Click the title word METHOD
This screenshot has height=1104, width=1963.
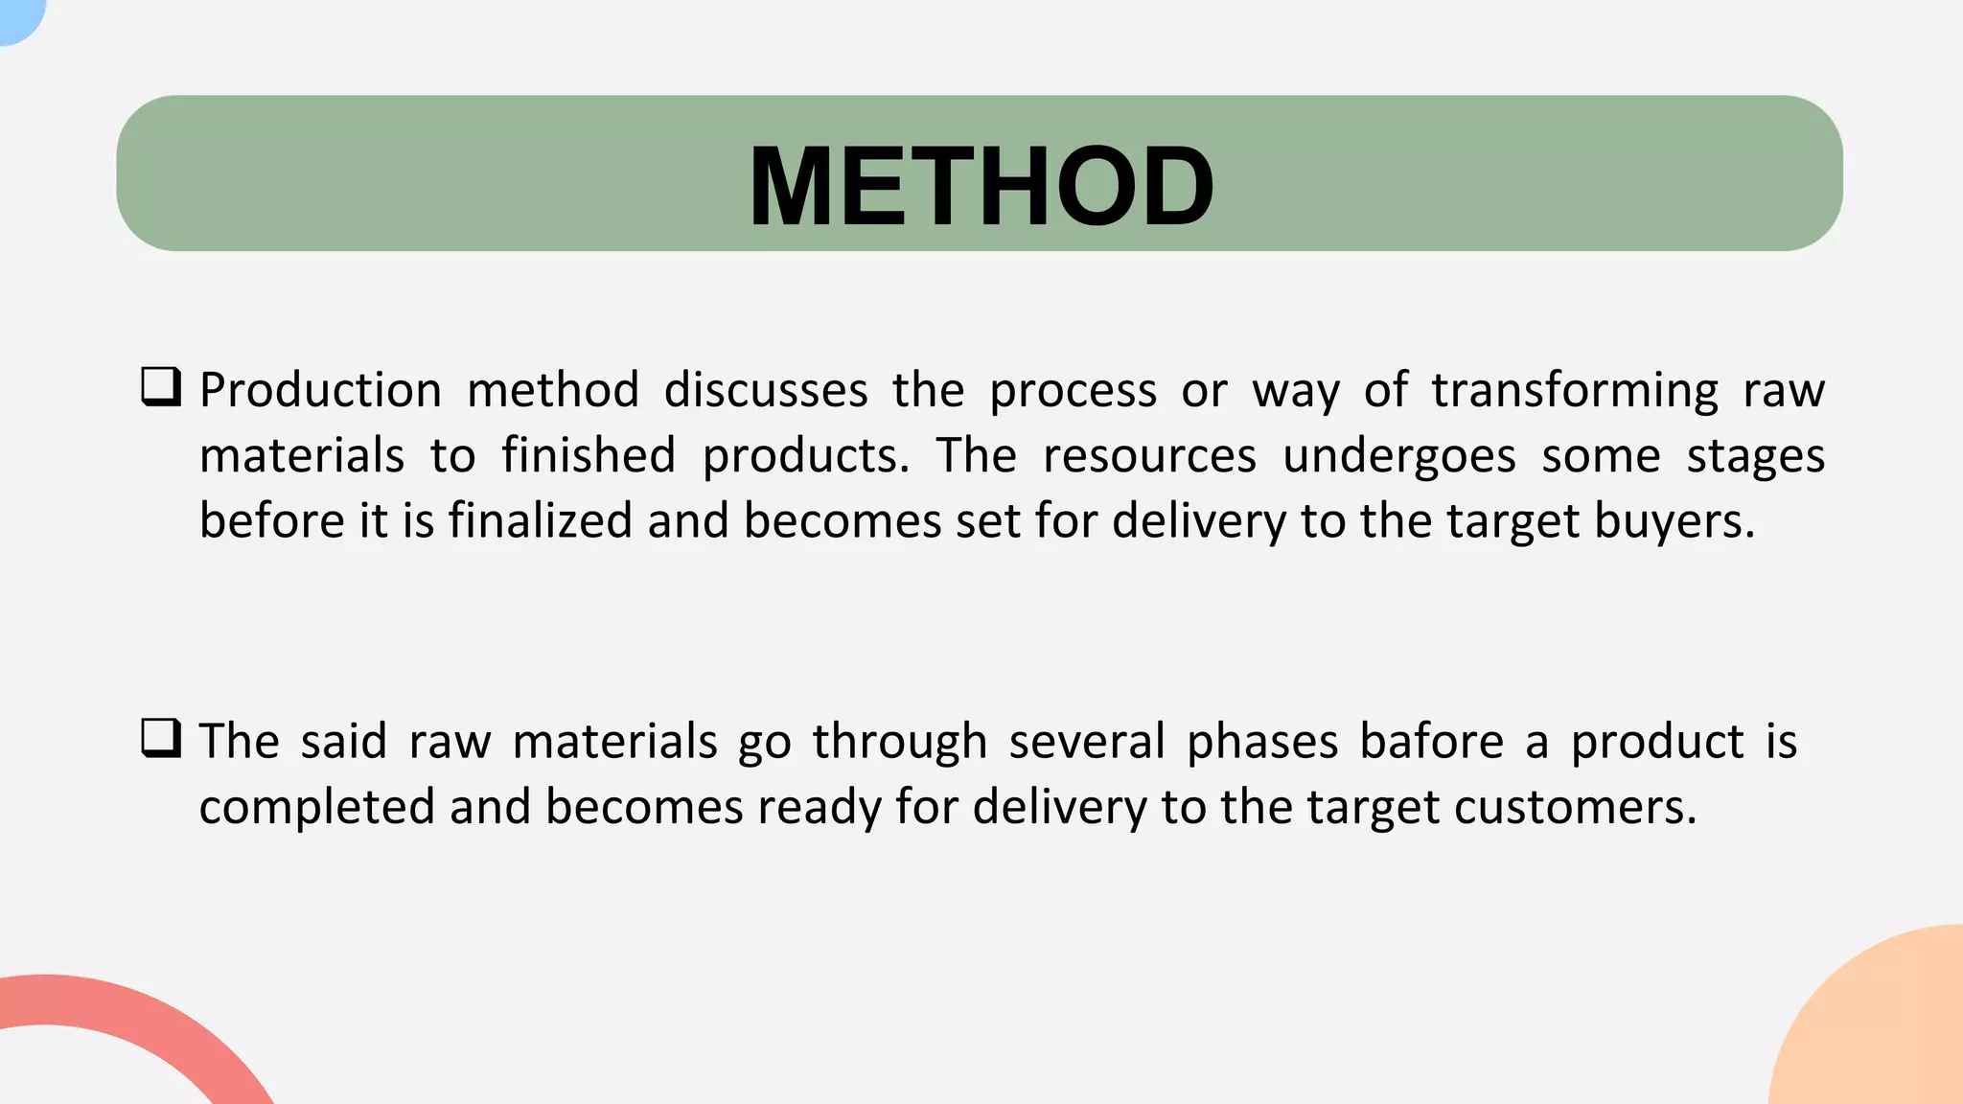pos(981,186)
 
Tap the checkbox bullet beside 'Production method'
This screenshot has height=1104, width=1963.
pos(161,388)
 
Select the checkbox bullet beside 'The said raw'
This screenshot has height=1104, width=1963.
pos(161,739)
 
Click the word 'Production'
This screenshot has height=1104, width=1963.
pos(320,391)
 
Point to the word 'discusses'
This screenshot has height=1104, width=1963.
pos(766,391)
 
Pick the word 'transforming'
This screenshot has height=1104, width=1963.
pos(1575,391)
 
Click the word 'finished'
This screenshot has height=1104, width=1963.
pos(589,455)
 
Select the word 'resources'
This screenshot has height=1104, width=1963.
pos(1149,455)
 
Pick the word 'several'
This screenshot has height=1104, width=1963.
pos(1087,742)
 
